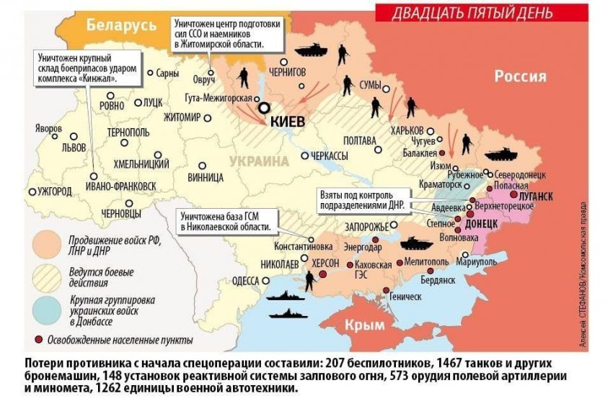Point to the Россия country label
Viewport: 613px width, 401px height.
[x=520, y=76]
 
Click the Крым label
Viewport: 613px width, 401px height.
[x=364, y=325]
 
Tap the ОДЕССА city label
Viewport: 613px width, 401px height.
[x=245, y=281]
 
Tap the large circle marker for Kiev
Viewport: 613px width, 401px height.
[x=265, y=108]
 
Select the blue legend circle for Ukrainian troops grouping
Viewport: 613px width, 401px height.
[x=45, y=307]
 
